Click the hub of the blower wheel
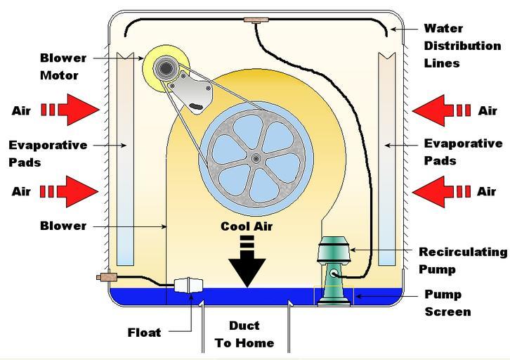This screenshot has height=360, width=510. [x=256, y=158]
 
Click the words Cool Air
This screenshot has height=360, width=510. [x=246, y=226]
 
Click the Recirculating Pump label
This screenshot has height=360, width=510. [x=463, y=259]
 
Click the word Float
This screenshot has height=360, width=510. [x=145, y=332]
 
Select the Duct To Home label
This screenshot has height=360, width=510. [x=244, y=335]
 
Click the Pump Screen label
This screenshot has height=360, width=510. [x=448, y=303]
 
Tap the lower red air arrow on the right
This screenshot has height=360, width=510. [x=440, y=191]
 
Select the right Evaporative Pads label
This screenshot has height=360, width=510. [x=463, y=151]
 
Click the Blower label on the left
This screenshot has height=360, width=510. [x=64, y=226]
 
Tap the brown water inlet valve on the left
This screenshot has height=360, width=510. [x=107, y=278]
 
